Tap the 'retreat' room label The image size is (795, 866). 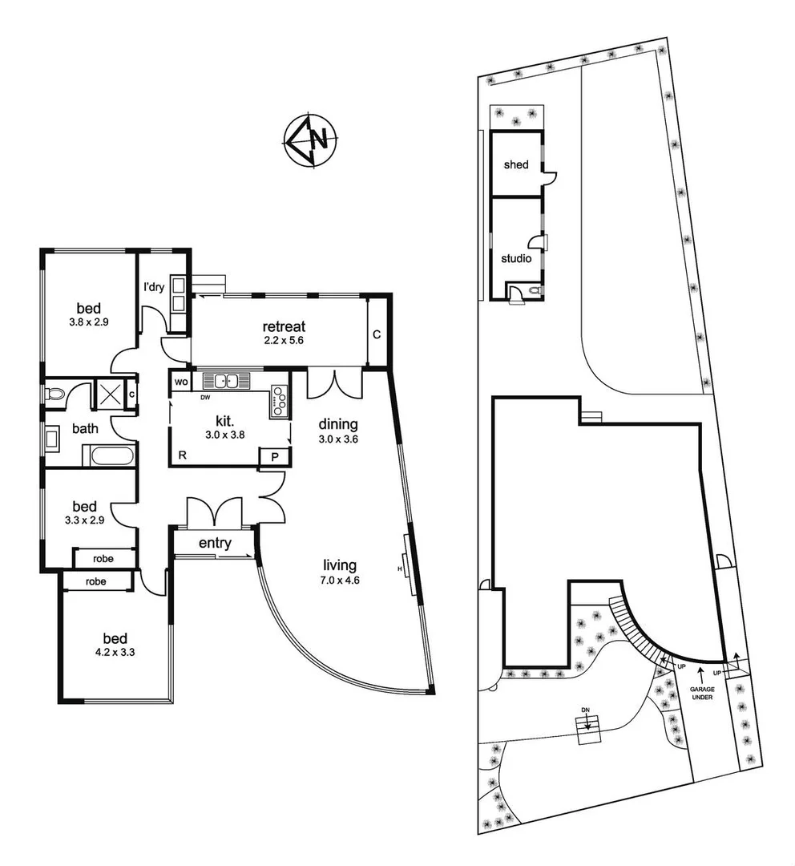coord(284,326)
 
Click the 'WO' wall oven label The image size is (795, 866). coord(180,382)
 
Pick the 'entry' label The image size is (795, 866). coord(215,544)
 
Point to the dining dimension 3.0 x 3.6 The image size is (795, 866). coord(338,439)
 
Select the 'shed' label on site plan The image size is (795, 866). coord(516,165)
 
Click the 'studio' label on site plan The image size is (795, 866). coord(515,258)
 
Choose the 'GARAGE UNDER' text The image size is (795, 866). coord(701,692)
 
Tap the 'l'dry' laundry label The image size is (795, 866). coord(154,287)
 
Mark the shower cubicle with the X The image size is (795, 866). coord(107,394)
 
